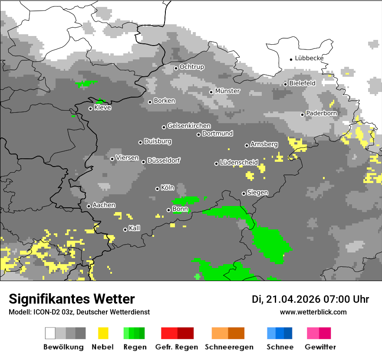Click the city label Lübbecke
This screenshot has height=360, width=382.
309,58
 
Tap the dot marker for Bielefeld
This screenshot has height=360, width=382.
285,84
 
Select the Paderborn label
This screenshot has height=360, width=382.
321,113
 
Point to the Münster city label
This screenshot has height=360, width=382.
227,91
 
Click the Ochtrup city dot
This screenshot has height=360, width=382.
176,68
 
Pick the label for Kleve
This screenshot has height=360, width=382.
102,108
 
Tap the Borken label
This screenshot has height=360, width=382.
165,101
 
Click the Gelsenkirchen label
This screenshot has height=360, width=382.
189,126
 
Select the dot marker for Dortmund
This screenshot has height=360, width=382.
198,134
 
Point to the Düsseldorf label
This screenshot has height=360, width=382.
164,160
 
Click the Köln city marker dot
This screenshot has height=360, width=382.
157,189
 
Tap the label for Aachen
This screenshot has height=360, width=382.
104,205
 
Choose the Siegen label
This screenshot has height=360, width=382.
257,193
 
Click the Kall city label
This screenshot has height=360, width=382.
135,228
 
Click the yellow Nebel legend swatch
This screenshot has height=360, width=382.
103,333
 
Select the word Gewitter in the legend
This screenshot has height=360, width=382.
320,347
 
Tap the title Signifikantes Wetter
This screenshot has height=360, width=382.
72,299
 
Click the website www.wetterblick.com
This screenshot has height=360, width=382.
313,312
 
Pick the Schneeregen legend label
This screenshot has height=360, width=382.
229,347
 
